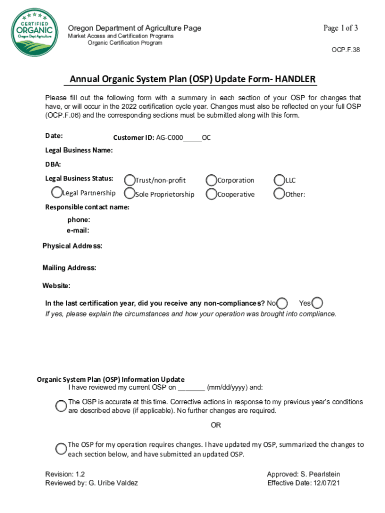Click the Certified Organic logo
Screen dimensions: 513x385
[x=32, y=32]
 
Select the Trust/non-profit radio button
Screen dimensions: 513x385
[x=129, y=180]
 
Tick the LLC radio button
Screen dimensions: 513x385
[x=279, y=180]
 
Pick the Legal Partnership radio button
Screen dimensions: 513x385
[x=56, y=192]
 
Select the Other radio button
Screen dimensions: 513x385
[x=279, y=193]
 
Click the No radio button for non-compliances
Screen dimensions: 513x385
[x=282, y=303]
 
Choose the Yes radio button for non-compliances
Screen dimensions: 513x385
[x=317, y=303]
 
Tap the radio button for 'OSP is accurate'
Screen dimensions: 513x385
[x=61, y=406]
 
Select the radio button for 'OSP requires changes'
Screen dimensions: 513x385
[x=61, y=448]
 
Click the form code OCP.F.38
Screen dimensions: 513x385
[x=345, y=50]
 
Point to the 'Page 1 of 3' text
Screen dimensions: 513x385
[x=340, y=28]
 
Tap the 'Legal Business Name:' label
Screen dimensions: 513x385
[x=78, y=150]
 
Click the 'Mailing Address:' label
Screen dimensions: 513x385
[x=69, y=268]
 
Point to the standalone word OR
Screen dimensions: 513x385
[x=215, y=425]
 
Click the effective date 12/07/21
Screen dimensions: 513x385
[x=326, y=483]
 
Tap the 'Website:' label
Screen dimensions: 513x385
[x=56, y=286]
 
